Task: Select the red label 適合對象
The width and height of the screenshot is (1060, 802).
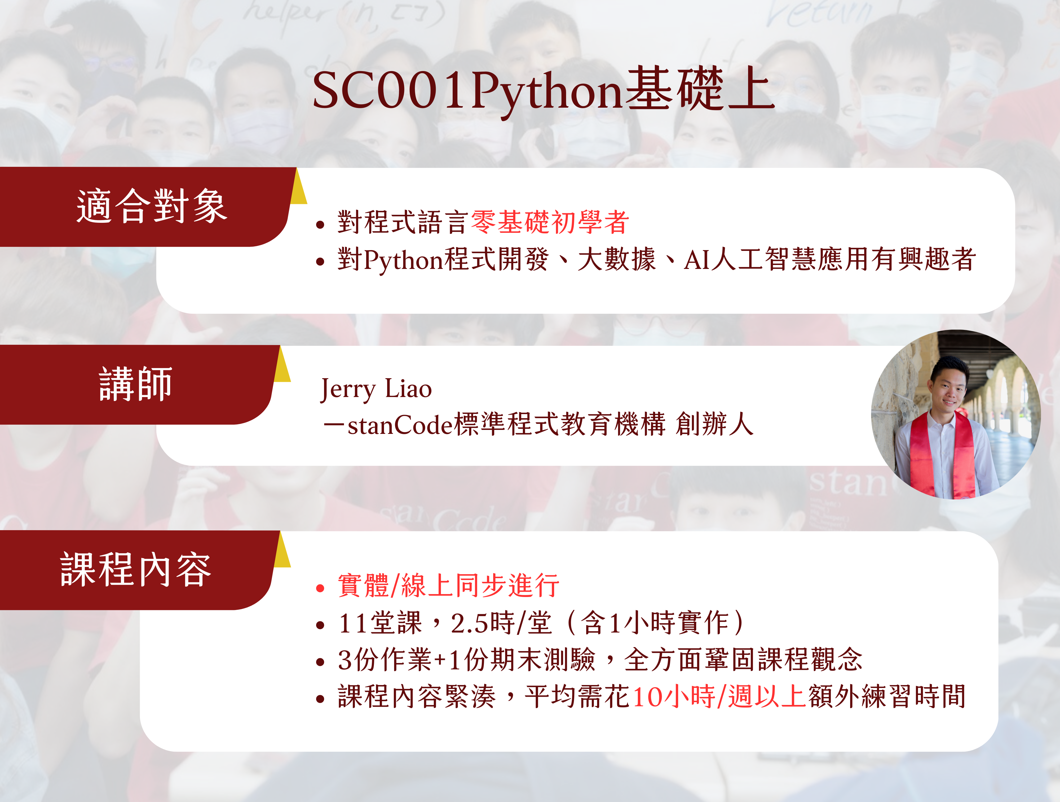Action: coord(151,206)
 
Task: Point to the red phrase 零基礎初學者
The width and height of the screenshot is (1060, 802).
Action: coord(550,222)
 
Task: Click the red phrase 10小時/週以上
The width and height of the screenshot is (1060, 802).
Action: coord(719,696)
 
